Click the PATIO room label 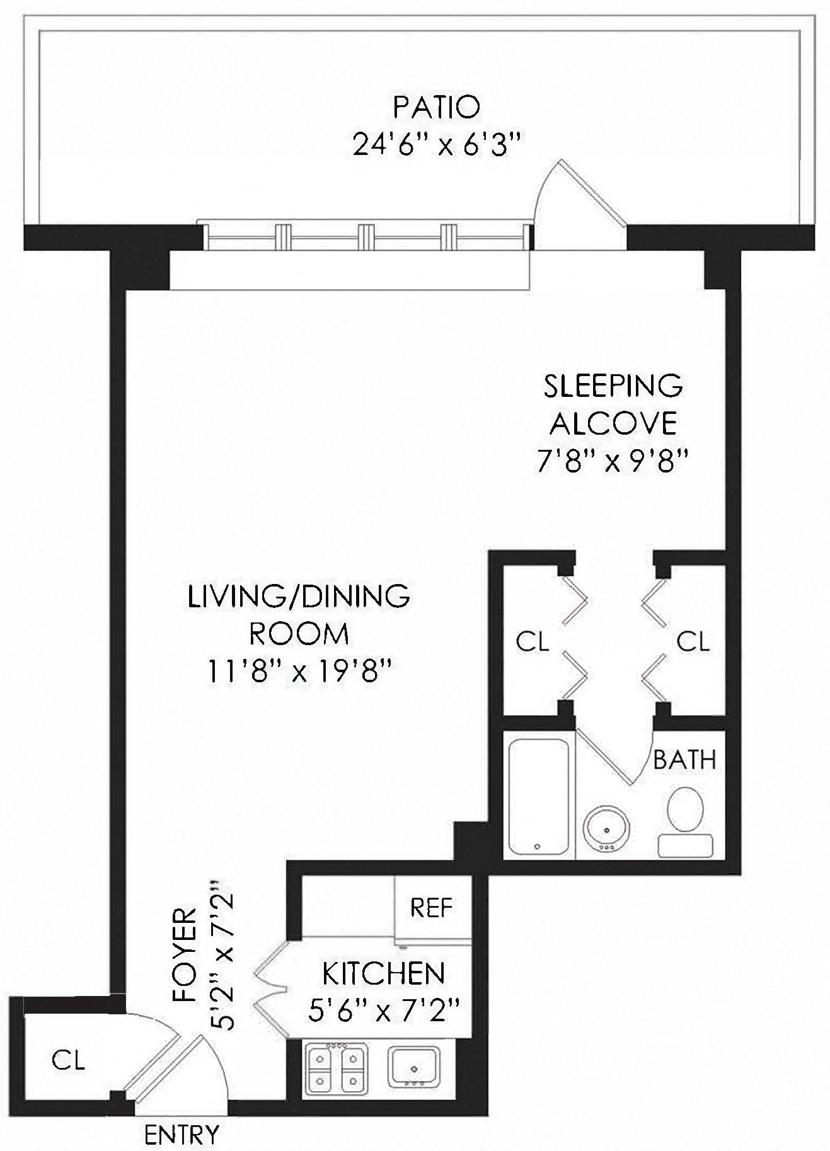click(436, 107)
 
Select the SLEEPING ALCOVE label click(613, 404)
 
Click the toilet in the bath click(685, 820)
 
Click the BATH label click(684, 760)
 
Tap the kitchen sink click(414, 1066)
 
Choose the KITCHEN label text click(383, 974)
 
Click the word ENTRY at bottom click(182, 1135)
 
